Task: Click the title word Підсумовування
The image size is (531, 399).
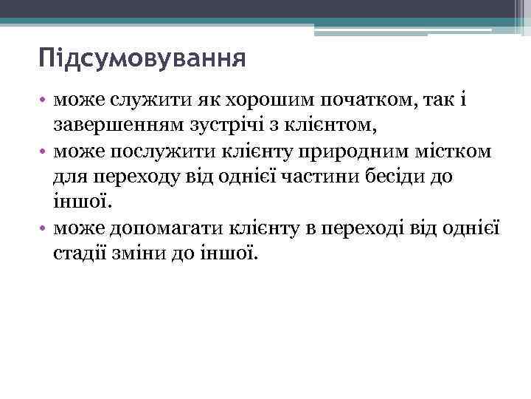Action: click(x=142, y=57)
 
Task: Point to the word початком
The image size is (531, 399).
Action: click(x=363, y=100)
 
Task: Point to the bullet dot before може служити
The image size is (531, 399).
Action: click(x=44, y=101)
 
